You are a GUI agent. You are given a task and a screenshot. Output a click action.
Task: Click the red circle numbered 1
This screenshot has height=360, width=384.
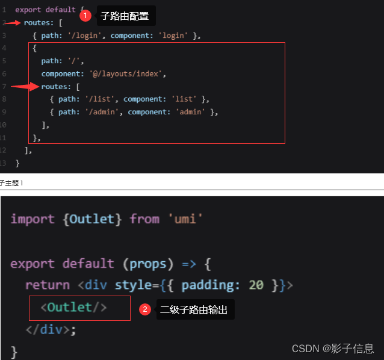click(85, 16)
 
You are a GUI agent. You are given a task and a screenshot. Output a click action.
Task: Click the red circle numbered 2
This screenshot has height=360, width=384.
click(145, 309)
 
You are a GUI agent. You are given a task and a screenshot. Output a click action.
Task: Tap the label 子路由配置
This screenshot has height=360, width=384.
click(125, 16)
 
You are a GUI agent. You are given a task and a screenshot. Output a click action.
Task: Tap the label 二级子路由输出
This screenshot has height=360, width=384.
click(194, 310)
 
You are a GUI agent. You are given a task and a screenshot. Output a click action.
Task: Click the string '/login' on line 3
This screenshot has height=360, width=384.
click(84, 36)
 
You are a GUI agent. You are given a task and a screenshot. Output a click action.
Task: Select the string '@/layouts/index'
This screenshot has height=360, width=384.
click(126, 73)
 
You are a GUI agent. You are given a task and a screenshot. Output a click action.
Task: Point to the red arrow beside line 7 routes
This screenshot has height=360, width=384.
click(25, 87)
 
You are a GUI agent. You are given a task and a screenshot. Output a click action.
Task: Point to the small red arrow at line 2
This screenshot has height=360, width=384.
click(13, 23)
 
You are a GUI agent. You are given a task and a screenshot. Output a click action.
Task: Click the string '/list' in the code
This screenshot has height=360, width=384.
click(100, 99)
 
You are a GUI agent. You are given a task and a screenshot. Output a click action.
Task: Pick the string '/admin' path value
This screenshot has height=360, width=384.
click(102, 112)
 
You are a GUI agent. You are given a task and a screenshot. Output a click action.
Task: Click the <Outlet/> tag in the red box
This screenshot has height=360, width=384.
click(73, 308)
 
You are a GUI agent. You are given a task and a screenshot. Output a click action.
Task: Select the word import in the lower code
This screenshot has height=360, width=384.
click(33, 219)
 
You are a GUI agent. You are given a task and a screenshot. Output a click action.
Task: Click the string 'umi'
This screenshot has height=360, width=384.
click(185, 219)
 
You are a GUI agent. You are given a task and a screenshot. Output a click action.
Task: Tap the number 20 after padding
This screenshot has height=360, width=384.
click(256, 285)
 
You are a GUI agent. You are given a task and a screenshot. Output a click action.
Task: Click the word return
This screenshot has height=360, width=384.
click(48, 285)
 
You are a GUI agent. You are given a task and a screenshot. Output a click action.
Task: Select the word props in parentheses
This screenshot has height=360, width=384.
click(148, 264)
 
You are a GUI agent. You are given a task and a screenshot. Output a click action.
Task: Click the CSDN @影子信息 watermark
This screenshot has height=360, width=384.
click(333, 349)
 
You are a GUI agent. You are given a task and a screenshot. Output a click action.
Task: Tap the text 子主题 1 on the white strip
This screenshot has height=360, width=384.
click(11, 183)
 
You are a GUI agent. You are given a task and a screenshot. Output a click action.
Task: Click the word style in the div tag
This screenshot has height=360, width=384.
click(134, 285)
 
